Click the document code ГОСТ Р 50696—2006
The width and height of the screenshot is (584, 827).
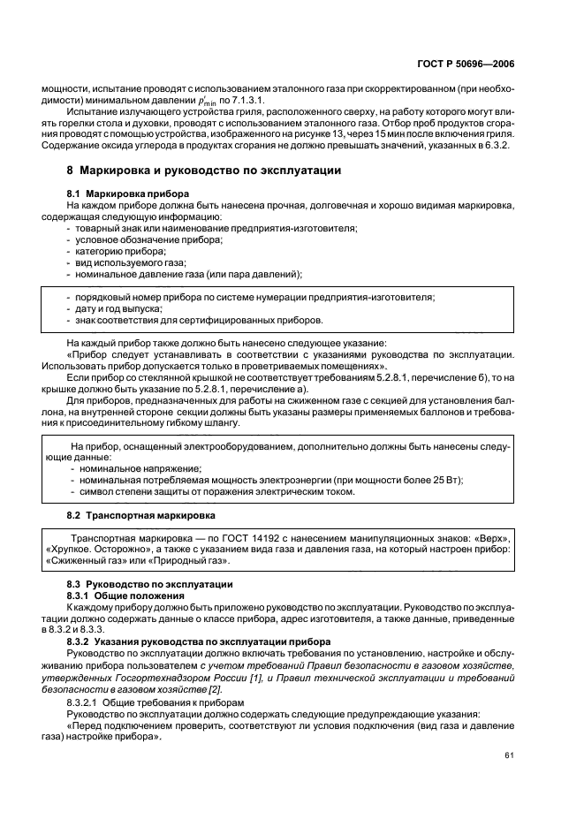pos(477,64)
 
